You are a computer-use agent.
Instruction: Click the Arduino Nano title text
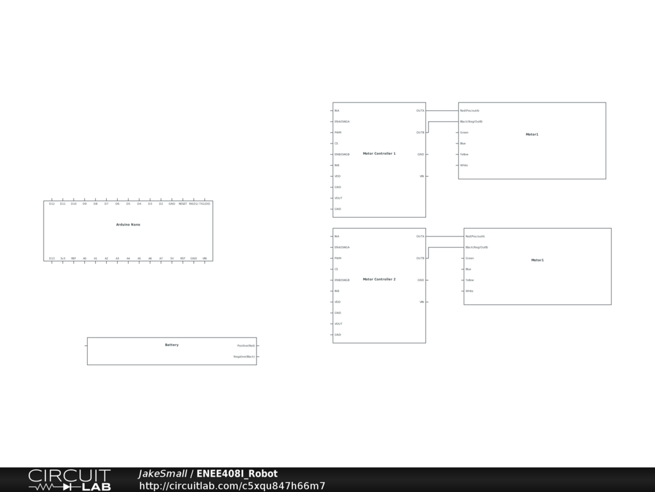pos(128,225)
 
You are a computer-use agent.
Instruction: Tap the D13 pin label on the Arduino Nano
pos(52,258)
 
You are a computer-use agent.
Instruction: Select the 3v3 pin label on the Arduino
pos(63,258)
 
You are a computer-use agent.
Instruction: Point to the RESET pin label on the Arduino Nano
pos(182,204)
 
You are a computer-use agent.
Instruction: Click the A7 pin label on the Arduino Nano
pos(161,258)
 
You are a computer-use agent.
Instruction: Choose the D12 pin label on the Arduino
pos(52,204)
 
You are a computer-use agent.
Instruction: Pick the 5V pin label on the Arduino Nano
pos(172,258)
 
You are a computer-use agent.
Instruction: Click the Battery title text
pos(171,345)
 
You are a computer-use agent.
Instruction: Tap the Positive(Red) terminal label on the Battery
pos(246,345)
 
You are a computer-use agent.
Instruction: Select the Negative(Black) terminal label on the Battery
pos(244,356)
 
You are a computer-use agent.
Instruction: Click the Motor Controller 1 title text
pos(379,154)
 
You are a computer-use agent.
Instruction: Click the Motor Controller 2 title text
pos(379,279)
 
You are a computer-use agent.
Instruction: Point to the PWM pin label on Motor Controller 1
pos(338,133)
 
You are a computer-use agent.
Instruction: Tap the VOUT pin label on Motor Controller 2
pos(338,324)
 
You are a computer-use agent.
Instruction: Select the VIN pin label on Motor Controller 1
pos(422,176)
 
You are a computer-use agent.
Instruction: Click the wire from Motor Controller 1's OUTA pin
pos(442,111)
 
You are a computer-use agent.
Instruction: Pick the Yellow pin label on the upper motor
pos(464,154)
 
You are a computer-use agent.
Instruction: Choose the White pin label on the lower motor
pos(470,291)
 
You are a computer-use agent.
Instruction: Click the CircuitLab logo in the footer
pos(69,480)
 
